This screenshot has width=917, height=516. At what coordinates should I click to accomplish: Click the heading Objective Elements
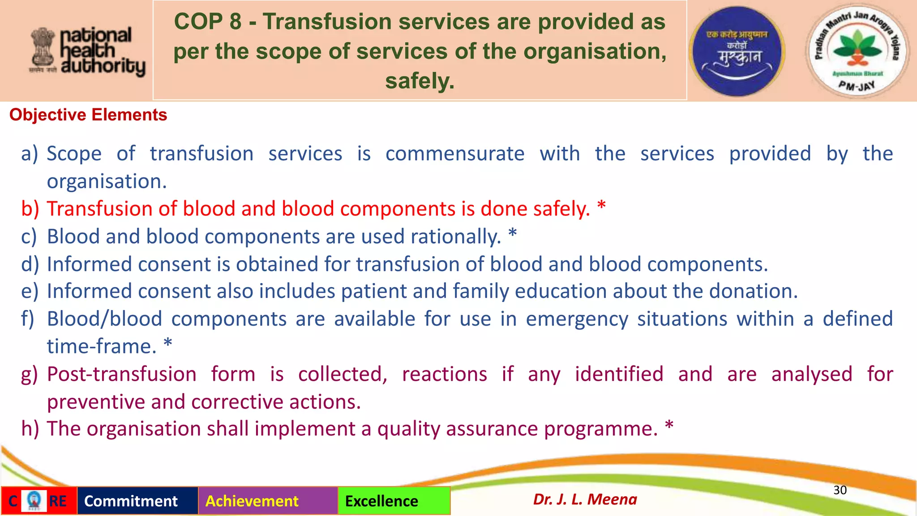tap(88, 115)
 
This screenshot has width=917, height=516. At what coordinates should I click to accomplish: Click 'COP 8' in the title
tap(207, 21)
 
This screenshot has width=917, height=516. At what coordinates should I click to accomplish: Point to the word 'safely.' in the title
tap(420, 81)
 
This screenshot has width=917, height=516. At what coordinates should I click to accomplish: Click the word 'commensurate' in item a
tap(455, 154)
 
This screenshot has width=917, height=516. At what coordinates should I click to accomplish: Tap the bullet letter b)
tap(30, 209)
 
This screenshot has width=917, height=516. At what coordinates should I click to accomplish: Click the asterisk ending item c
tap(513, 234)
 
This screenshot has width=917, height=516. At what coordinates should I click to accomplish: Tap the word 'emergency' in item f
tap(577, 319)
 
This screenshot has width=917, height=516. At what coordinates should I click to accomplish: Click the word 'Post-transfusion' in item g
tap(122, 374)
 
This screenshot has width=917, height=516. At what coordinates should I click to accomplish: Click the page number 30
tap(840, 490)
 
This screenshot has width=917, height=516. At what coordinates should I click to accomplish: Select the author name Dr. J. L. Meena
tap(585, 499)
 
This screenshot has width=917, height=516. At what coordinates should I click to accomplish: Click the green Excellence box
tap(394, 501)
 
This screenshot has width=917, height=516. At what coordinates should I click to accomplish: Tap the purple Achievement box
tap(267, 501)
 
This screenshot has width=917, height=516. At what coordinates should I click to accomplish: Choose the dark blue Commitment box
tap(137, 501)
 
